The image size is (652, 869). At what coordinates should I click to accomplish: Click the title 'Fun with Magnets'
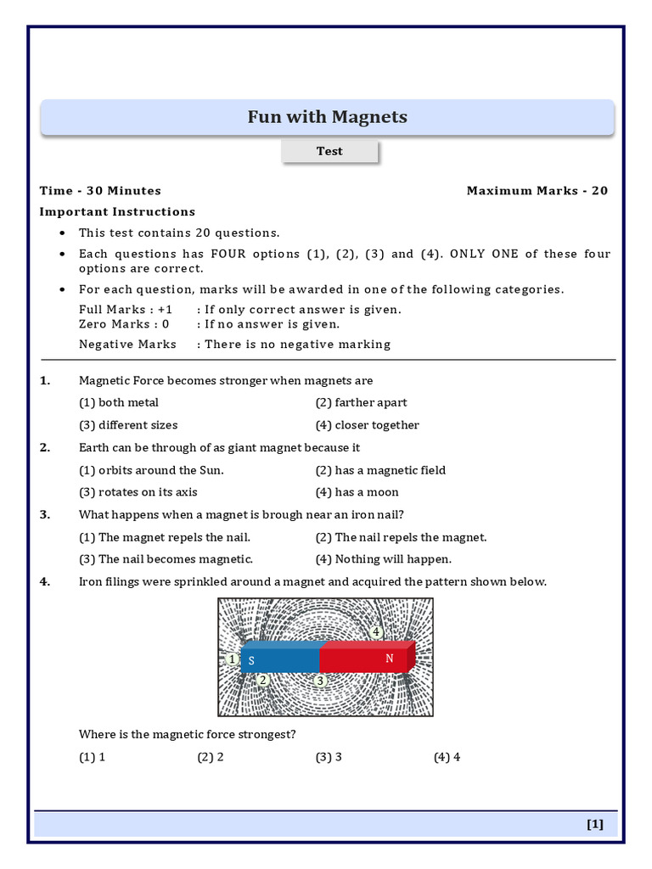[327, 117]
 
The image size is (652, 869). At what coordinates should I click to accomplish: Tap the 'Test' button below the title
[329, 151]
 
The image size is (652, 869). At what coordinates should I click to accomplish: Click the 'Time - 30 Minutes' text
[100, 191]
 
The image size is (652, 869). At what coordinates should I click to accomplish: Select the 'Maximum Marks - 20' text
[537, 191]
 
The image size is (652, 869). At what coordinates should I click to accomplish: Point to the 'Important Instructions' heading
[117, 212]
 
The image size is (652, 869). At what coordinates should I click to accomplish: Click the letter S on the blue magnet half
[251, 661]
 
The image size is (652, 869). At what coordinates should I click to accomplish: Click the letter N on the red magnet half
[390, 659]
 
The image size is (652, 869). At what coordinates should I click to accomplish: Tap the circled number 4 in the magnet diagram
[376, 632]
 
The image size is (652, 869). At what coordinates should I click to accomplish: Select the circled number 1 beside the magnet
[233, 659]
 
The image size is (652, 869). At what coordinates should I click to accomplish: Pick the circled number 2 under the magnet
[263, 680]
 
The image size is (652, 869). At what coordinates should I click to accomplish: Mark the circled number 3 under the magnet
[320, 681]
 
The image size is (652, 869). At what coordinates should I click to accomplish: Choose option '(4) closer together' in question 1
[367, 425]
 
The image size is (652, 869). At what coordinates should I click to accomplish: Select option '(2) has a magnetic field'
[380, 470]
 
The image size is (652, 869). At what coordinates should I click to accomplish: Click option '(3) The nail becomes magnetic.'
[166, 559]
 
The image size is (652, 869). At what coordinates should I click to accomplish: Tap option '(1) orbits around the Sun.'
[151, 470]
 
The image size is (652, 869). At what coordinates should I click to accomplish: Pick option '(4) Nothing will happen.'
[383, 559]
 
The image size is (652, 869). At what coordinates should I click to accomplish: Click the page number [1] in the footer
[594, 824]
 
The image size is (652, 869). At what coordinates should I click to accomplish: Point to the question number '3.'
[45, 514]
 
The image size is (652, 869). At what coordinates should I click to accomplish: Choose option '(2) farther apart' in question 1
[361, 402]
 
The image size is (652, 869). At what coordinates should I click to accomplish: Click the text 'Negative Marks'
[127, 345]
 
